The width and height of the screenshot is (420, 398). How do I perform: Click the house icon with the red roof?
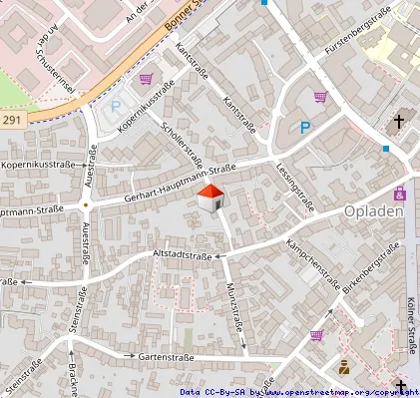click(210, 199)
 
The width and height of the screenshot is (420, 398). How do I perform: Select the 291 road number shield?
click(10, 120)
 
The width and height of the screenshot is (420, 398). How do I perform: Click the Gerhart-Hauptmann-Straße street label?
click(180, 185)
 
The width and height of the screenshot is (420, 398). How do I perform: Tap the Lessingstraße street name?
click(295, 188)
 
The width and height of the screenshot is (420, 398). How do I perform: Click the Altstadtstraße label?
click(182, 256)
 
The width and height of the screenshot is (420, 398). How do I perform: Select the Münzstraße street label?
click(234, 304)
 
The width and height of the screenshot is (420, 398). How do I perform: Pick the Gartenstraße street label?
click(166, 356)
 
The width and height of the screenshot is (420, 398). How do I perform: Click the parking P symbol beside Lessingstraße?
click(305, 127)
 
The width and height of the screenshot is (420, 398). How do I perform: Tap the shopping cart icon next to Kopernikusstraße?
click(147, 80)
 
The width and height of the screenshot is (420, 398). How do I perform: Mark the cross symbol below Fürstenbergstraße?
click(399, 121)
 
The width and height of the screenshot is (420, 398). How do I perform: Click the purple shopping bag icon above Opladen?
click(400, 193)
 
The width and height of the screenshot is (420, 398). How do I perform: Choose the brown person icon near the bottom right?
click(345, 366)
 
